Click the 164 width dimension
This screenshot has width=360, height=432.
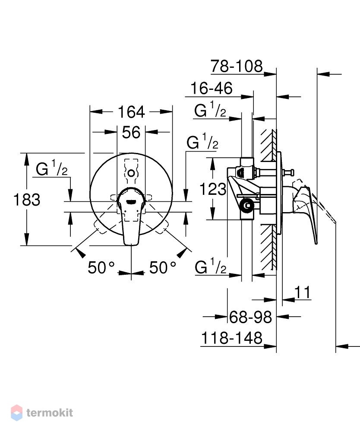coord(131,112)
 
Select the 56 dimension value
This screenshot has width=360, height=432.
coord(131,133)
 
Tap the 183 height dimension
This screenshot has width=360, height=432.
coord(27,200)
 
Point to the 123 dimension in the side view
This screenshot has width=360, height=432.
coord(213,189)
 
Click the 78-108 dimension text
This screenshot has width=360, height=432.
coord(237,67)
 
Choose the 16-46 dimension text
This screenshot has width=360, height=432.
coord(212,88)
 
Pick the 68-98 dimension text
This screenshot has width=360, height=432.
coord(250,317)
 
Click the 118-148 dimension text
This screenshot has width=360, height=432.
coord(232,338)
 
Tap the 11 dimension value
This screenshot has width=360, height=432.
coord(303,292)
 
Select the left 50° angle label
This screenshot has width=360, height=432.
coord(101,267)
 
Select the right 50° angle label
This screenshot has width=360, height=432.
coord(162,267)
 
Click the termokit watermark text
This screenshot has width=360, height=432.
coord(50,413)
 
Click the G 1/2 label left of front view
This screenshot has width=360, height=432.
coord(52,168)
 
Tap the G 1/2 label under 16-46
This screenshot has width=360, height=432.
coord(210,110)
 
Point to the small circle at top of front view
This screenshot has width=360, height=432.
coord(131,173)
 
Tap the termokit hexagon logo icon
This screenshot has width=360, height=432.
coord(16,413)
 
